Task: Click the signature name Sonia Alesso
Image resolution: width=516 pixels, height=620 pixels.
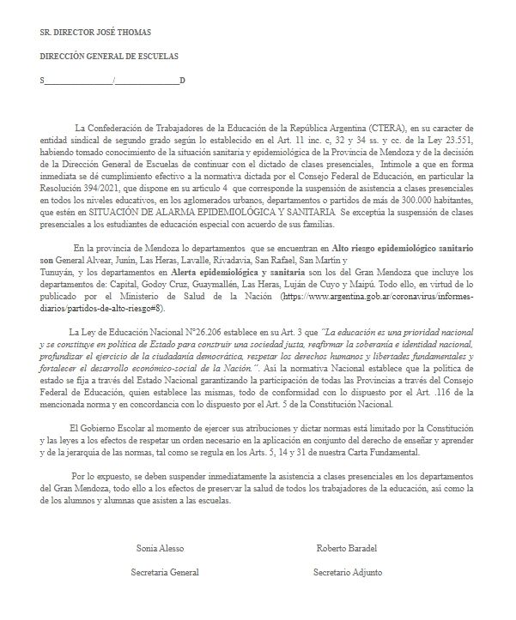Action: (161, 546)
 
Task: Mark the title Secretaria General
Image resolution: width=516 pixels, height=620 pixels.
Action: (161, 572)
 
